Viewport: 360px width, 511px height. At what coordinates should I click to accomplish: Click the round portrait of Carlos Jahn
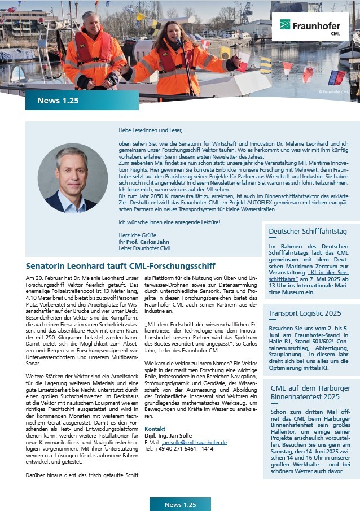point(72,177)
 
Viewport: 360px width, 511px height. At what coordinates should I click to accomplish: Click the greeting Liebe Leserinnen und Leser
point(151,130)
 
